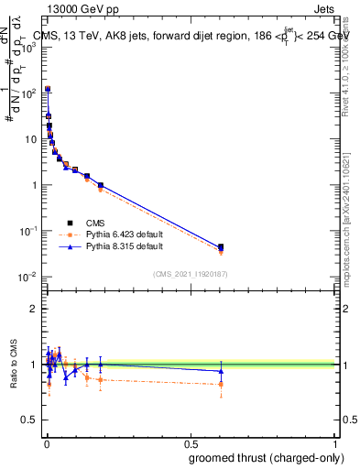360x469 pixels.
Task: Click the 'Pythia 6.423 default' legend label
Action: [x=125, y=234]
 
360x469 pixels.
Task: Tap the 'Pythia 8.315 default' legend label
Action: [x=125, y=247]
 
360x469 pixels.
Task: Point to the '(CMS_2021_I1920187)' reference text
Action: [x=191, y=273]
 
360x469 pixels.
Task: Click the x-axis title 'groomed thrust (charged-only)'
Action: [x=267, y=458]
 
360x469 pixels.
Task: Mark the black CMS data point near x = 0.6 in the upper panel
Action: [x=221, y=247]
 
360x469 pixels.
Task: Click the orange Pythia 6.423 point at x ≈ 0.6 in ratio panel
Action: [x=221, y=384]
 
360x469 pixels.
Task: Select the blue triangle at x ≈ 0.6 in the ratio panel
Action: [x=221, y=371]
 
